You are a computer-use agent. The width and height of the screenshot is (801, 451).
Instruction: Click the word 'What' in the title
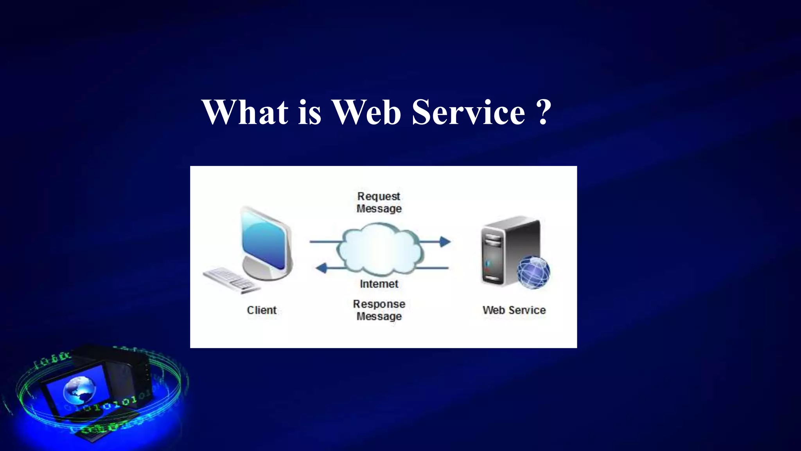tap(245, 112)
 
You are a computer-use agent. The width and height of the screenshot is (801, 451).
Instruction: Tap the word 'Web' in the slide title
tap(366, 112)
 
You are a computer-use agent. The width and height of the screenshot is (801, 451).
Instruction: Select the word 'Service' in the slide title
tap(468, 112)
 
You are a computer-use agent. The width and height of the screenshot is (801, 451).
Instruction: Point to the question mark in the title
tap(543, 112)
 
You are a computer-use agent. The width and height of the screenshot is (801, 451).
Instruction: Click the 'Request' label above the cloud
tap(379, 196)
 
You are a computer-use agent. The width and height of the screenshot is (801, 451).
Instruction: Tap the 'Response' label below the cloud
tap(379, 304)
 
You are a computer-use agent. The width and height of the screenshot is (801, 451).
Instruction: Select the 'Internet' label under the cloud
tap(379, 284)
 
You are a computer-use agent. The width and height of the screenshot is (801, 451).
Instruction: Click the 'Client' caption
tap(262, 310)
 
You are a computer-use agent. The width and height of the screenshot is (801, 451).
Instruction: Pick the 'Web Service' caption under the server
tap(514, 310)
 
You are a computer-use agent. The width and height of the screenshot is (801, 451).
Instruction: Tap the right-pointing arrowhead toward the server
tap(445, 242)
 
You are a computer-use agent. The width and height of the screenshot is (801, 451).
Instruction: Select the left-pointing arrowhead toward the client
tap(321, 268)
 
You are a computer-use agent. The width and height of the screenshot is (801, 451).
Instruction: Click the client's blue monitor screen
tap(264, 241)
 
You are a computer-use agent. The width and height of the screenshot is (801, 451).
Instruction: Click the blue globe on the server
tap(533, 272)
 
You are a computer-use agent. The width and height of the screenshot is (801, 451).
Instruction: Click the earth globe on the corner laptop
tap(79, 390)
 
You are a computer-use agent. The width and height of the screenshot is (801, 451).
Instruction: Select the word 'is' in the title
tap(309, 112)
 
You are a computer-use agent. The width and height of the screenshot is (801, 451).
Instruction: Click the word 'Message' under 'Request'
tap(379, 209)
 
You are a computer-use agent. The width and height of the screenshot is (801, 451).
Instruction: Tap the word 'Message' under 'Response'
tap(379, 316)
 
